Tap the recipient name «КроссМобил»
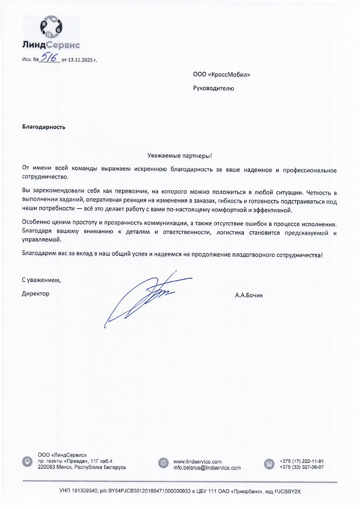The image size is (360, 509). [x=229, y=75]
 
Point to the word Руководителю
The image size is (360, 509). [x=214, y=88]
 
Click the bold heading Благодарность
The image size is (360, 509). [x=44, y=127]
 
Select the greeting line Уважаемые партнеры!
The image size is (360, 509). [x=180, y=156]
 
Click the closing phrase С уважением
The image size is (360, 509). [x=41, y=280]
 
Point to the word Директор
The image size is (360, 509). [x=36, y=294]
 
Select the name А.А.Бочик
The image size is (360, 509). [x=249, y=296]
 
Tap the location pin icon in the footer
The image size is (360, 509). [x=27, y=461]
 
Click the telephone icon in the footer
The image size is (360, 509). [x=269, y=464]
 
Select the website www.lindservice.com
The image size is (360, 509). [x=197, y=461]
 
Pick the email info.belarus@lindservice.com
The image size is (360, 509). [x=207, y=468]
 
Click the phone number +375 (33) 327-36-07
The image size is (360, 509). [x=301, y=467]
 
